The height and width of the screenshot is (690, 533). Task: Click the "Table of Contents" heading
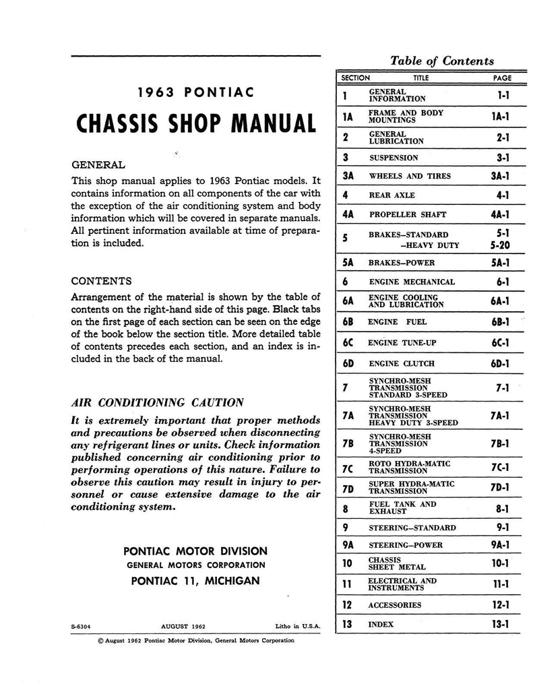[442, 61]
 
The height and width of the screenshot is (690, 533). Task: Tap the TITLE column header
[420, 78]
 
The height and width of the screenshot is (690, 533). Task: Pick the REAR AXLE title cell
[393, 195]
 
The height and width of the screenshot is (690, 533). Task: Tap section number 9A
[347, 545]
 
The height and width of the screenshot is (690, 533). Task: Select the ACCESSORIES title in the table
[395, 605]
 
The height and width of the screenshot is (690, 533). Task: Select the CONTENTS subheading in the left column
[101, 280]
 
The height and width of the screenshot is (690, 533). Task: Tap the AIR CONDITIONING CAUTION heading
[157, 403]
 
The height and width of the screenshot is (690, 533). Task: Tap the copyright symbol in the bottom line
[102, 641]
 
